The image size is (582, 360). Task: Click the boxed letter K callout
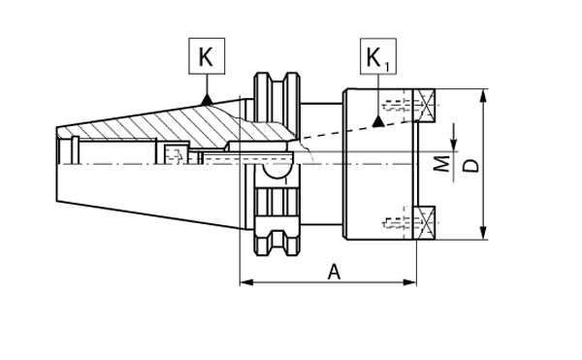(x=207, y=55)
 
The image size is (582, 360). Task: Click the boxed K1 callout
(x=378, y=56)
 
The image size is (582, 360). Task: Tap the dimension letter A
(x=334, y=272)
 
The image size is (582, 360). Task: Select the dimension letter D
(x=471, y=166)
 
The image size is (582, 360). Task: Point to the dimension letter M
(x=442, y=164)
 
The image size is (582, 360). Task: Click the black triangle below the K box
(x=207, y=100)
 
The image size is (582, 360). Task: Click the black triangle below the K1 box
(x=378, y=121)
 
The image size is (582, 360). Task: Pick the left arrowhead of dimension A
(x=246, y=282)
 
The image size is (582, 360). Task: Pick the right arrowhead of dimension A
(x=409, y=282)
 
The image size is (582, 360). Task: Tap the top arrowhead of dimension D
(x=483, y=96)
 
